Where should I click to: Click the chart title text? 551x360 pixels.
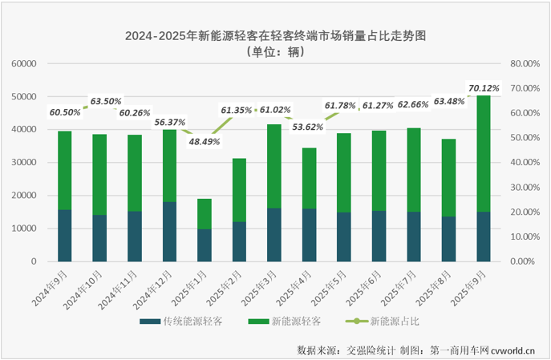(x=275, y=36)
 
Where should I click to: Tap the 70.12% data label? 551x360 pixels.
(x=484, y=87)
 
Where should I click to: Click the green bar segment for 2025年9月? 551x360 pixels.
(x=484, y=152)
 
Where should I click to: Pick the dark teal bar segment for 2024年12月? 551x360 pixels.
(x=170, y=231)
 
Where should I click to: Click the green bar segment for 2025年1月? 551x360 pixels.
(x=205, y=213)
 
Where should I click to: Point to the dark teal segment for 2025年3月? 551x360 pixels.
(x=274, y=234)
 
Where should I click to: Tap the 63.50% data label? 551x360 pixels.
(x=106, y=102)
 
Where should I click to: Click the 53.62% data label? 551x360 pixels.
(x=309, y=126)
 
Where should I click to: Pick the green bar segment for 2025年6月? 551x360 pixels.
(x=379, y=170)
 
